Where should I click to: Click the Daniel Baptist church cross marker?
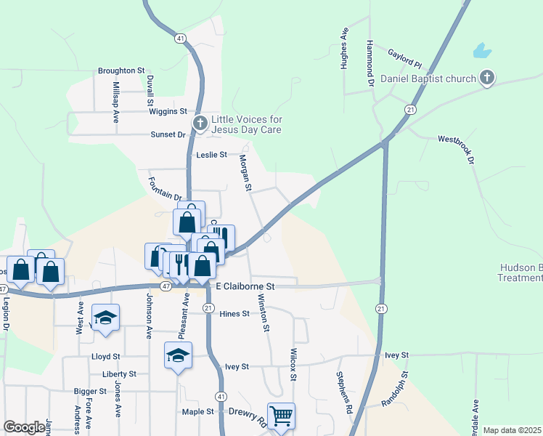(487, 78)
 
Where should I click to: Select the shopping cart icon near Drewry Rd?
(281, 416)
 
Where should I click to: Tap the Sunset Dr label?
(168, 134)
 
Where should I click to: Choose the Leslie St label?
(211, 155)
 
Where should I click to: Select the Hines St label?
(234, 314)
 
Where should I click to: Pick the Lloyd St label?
(105, 357)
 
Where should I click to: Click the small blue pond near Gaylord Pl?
(481, 51)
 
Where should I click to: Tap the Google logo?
(24, 427)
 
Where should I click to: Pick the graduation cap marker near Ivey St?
(178, 355)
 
